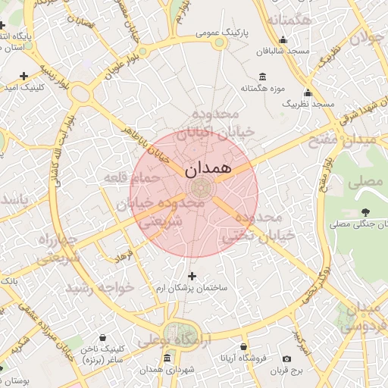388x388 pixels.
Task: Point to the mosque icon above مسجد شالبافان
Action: pos(283,40)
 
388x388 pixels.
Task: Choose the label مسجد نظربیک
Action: pos(308,102)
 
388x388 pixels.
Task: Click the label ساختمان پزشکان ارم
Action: pos(192,289)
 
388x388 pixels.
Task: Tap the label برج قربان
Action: pos(287,371)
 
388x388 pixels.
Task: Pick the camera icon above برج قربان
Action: pos(286,358)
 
